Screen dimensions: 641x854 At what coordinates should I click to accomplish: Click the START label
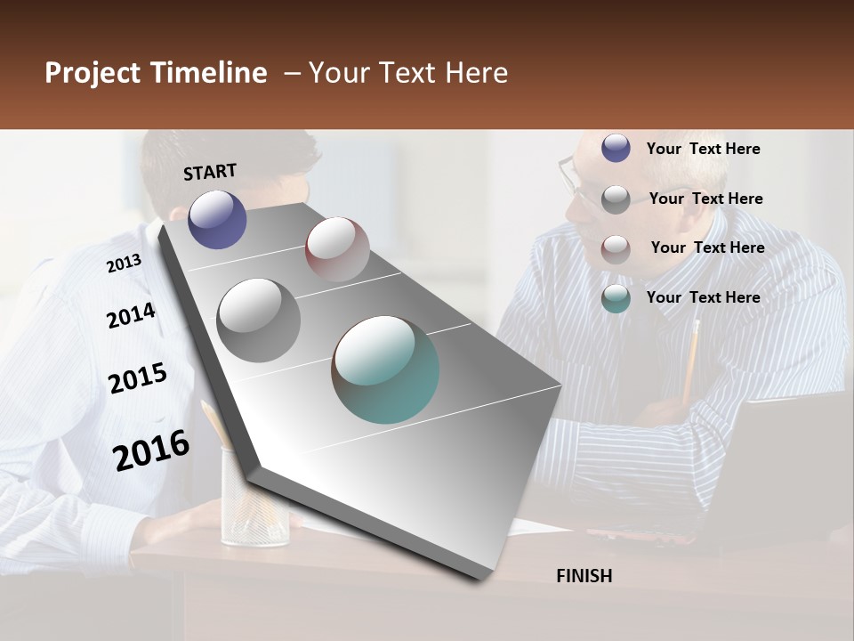pos(210,172)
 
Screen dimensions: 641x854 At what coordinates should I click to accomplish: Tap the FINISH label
pos(584,576)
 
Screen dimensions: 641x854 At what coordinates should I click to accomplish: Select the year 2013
pos(124,263)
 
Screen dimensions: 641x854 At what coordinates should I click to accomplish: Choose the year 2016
pos(151,450)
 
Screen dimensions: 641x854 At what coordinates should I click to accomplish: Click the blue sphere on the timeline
pos(217,219)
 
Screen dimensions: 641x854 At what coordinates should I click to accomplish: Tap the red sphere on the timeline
pos(337,249)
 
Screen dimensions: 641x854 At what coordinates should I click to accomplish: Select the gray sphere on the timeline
pos(259,320)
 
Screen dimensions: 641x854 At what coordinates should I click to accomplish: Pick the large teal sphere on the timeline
pos(385,369)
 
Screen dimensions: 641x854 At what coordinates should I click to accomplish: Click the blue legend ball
pos(616,149)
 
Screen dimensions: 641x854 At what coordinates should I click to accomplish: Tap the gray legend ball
pos(616,199)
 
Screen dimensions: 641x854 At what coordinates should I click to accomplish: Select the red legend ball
pos(616,248)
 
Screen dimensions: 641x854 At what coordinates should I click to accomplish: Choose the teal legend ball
pos(616,298)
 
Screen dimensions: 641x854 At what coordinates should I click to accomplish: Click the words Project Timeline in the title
pos(156,73)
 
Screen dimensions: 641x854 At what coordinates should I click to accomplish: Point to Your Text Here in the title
pos(408,73)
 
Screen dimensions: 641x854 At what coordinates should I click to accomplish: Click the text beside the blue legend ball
pos(703,149)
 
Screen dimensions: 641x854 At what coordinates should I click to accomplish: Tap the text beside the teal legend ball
pos(703,297)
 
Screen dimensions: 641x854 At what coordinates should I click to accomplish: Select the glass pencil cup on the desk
pos(254,499)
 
